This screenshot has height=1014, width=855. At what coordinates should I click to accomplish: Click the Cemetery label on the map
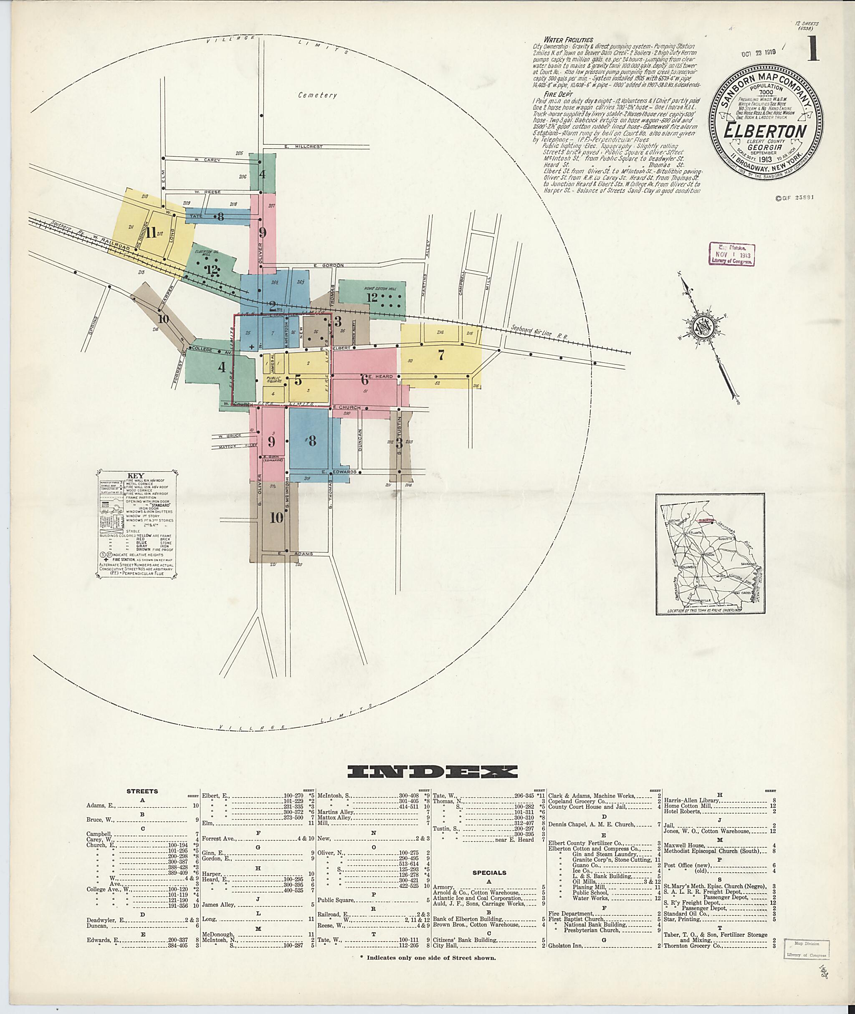317,96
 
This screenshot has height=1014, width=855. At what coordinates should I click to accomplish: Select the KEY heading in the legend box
135,475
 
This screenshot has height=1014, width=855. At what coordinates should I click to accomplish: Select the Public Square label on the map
274,379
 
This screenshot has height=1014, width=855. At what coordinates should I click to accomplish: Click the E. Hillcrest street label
304,147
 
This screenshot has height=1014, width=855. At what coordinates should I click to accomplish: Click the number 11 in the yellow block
152,233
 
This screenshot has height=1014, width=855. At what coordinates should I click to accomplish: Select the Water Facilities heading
568,40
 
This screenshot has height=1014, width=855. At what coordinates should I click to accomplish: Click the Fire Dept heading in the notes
558,94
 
